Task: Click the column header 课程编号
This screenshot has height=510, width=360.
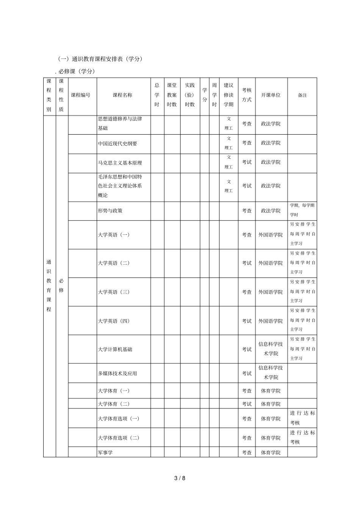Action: (x=81, y=95)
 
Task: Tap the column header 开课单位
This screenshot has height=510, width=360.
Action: (x=271, y=95)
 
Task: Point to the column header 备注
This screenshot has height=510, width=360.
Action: (x=302, y=95)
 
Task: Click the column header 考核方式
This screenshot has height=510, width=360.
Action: (x=247, y=95)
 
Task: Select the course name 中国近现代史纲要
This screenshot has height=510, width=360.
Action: (x=117, y=143)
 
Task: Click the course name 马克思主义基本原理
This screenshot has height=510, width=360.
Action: (x=120, y=163)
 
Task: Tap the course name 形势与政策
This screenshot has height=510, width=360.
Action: (x=110, y=210)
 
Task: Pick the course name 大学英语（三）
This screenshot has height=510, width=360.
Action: (x=114, y=292)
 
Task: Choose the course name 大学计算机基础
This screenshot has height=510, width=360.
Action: (x=115, y=349)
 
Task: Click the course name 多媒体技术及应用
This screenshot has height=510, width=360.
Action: (x=117, y=373)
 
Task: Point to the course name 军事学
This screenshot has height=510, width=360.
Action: (x=105, y=452)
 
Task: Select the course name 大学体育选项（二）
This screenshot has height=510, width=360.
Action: (x=119, y=438)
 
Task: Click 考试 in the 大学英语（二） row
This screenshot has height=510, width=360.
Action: (x=247, y=263)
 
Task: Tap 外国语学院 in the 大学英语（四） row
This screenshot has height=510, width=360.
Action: (x=271, y=321)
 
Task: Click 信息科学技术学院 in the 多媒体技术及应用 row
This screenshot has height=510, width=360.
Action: (x=271, y=372)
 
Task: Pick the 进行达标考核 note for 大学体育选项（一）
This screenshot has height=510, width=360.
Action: (x=302, y=418)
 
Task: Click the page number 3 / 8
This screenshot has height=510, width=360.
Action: (x=180, y=478)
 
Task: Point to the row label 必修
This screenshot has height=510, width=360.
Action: (x=61, y=286)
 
